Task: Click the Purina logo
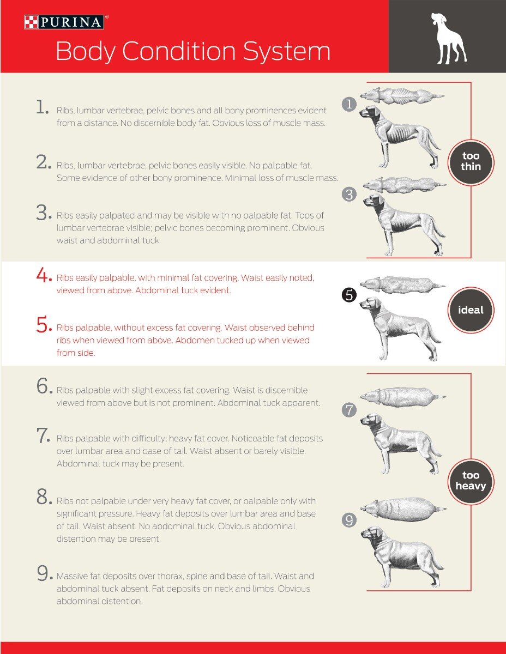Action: (64, 22)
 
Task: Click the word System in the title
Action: (287, 51)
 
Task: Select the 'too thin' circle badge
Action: (471, 162)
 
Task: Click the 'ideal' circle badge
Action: (471, 310)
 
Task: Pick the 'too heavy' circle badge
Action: (471, 481)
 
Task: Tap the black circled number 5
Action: (349, 295)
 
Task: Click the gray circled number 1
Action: (349, 105)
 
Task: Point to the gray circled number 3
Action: (349, 195)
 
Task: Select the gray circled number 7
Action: (349, 410)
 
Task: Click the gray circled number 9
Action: (349, 520)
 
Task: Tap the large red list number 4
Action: (44, 275)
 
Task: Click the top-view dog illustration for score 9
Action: (403, 509)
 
